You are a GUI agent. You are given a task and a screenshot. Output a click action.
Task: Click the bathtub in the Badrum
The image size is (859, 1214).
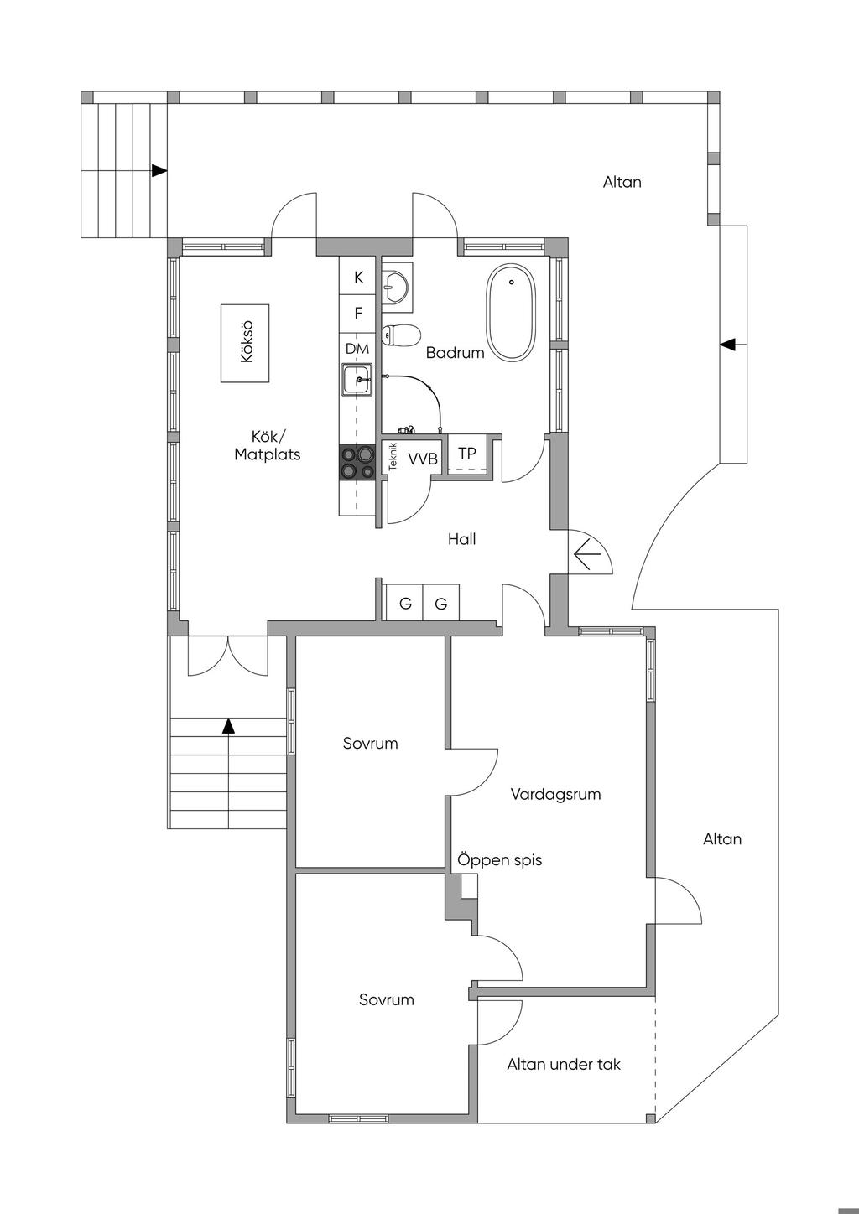tap(510, 313)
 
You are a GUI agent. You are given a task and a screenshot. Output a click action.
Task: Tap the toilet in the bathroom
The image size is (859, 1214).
tap(400, 335)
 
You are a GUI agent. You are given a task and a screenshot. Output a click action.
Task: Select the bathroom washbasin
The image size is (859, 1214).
tap(395, 285)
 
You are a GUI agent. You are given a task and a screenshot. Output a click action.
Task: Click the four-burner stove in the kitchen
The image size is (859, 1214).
tap(357, 462)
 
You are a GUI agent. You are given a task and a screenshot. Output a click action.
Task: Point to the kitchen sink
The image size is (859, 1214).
tap(357, 380)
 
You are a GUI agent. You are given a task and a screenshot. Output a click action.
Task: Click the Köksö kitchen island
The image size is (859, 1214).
tap(245, 344)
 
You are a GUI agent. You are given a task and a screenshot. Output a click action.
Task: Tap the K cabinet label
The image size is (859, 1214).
tap(358, 278)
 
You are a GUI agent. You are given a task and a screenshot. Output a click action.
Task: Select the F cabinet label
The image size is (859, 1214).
tap(358, 314)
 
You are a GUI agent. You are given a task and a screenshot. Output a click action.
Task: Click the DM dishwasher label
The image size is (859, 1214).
tap(357, 348)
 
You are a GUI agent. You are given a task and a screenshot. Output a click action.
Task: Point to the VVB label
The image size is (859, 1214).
tap(423, 459)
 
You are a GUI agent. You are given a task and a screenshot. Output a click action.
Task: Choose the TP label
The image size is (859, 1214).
tap(467, 453)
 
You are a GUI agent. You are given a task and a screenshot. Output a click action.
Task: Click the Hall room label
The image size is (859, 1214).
tap(461, 539)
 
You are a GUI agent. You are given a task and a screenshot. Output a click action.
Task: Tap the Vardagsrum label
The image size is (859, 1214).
tap(555, 794)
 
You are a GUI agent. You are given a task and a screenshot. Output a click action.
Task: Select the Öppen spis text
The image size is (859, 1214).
tap(500, 860)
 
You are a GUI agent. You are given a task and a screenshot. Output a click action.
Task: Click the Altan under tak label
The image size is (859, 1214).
tap(564, 1065)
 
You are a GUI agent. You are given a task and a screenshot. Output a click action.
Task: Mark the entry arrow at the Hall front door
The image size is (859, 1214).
tap(589, 553)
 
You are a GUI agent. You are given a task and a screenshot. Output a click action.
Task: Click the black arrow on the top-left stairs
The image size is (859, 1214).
tap(159, 170)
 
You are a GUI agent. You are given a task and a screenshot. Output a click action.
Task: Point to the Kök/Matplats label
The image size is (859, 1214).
tap(268, 445)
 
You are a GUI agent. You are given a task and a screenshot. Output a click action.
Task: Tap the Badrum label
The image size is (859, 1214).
tap(455, 353)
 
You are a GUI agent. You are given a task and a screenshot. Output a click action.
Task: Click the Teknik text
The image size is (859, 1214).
tap(393, 456)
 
